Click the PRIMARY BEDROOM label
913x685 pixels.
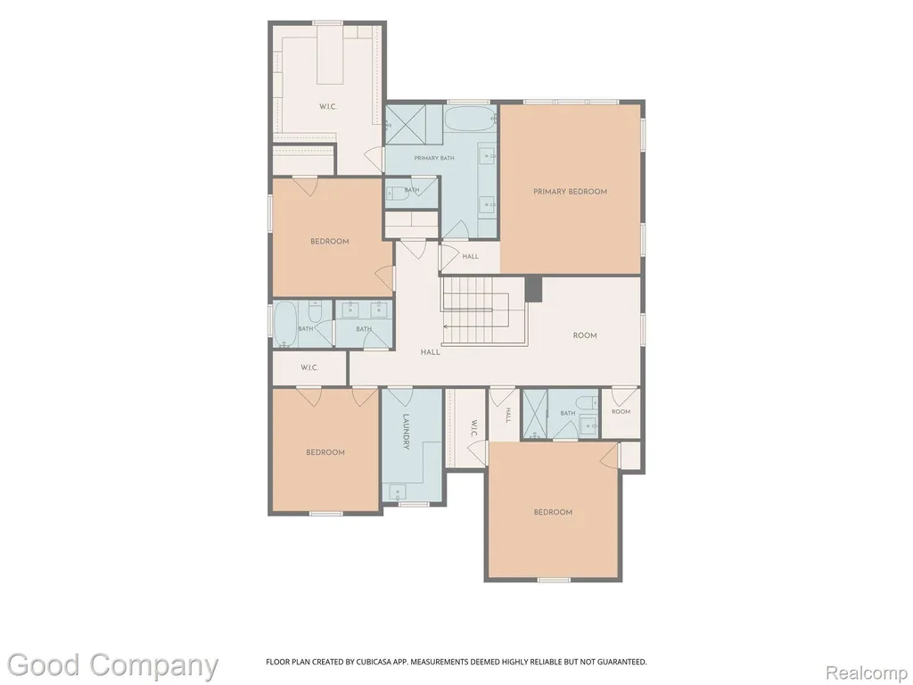tap(570, 191)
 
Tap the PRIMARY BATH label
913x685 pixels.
tap(434, 158)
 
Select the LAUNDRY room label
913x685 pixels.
tap(406, 432)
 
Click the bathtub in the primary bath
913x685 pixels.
tap(470, 119)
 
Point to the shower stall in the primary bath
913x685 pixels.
tap(406, 124)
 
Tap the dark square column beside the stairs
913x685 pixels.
tap(533, 290)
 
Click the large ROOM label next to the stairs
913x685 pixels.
tap(585, 335)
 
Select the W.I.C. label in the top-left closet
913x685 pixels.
tap(328, 107)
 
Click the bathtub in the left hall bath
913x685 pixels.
tap(285, 325)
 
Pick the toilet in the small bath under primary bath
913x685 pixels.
tap(395, 194)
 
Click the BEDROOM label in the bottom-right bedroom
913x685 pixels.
tap(553, 512)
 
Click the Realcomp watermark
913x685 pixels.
tap(867, 673)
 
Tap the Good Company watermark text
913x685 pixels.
tap(112, 665)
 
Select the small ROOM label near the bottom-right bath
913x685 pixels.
tap(621, 412)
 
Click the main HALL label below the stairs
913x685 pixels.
tap(431, 351)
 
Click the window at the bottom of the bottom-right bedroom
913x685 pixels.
tap(553, 580)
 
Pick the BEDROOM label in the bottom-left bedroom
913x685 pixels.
tap(325, 452)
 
